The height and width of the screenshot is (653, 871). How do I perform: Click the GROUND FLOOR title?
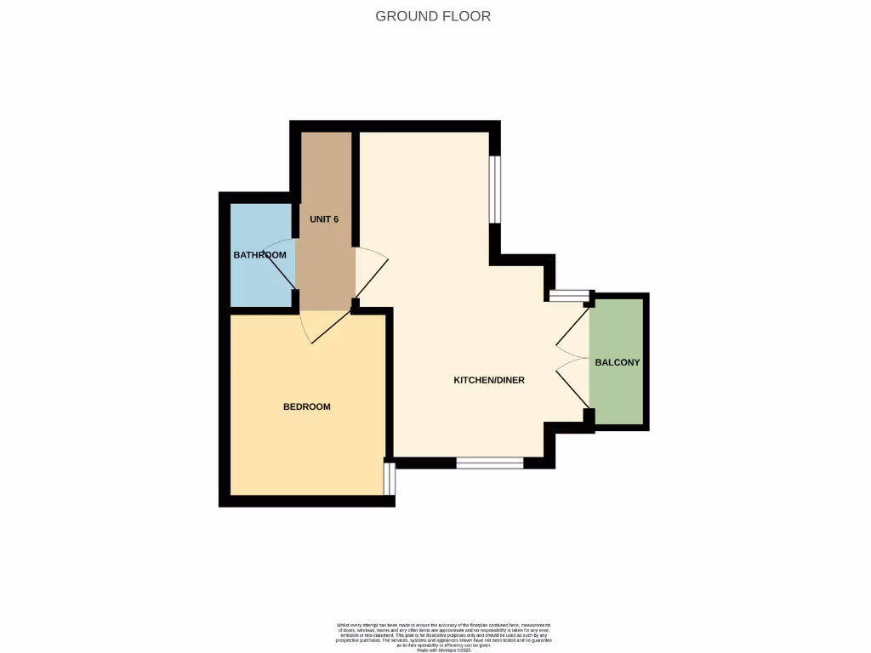pyautogui.click(x=433, y=16)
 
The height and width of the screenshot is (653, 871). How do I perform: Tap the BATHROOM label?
pyautogui.click(x=259, y=255)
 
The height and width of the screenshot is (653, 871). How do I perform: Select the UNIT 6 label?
pyautogui.click(x=324, y=219)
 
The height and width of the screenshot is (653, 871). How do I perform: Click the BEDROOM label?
pyautogui.click(x=306, y=407)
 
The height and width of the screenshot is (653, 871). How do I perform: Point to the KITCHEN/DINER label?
pyautogui.click(x=489, y=380)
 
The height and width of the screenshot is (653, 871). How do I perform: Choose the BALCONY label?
pyautogui.click(x=617, y=362)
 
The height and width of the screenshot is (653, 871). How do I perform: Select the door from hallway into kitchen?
pyautogui.click(x=369, y=272)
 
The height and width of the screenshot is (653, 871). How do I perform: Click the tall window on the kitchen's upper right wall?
pyautogui.click(x=495, y=189)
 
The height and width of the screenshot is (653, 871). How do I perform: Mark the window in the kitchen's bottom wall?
pyautogui.click(x=490, y=463)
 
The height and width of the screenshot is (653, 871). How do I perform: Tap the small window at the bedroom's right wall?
pyautogui.click(x=389, y=478)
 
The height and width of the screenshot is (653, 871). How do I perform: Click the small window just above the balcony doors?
pyautogui.click(x=569, y=296)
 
